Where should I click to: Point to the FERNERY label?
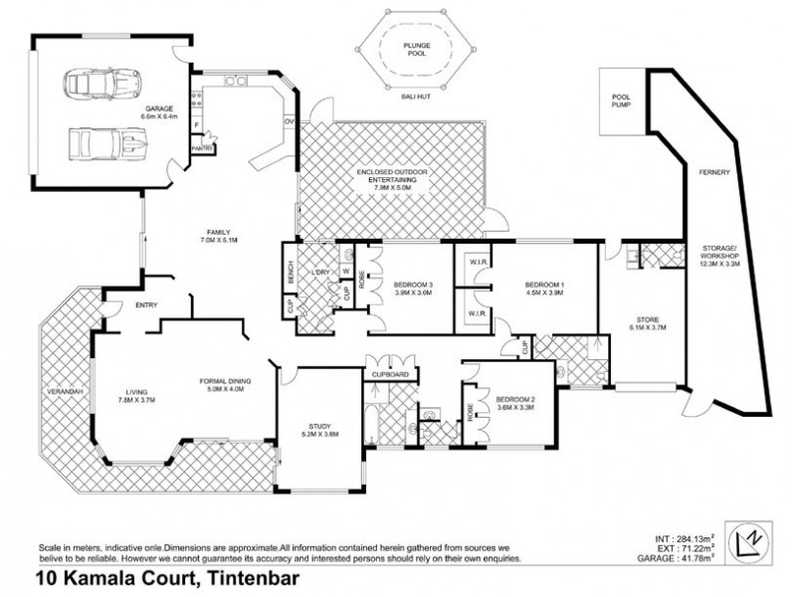click(x=712, y=172)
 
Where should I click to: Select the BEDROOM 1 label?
click(x=544, y=290)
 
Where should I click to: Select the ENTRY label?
click(x=120, y=306)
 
